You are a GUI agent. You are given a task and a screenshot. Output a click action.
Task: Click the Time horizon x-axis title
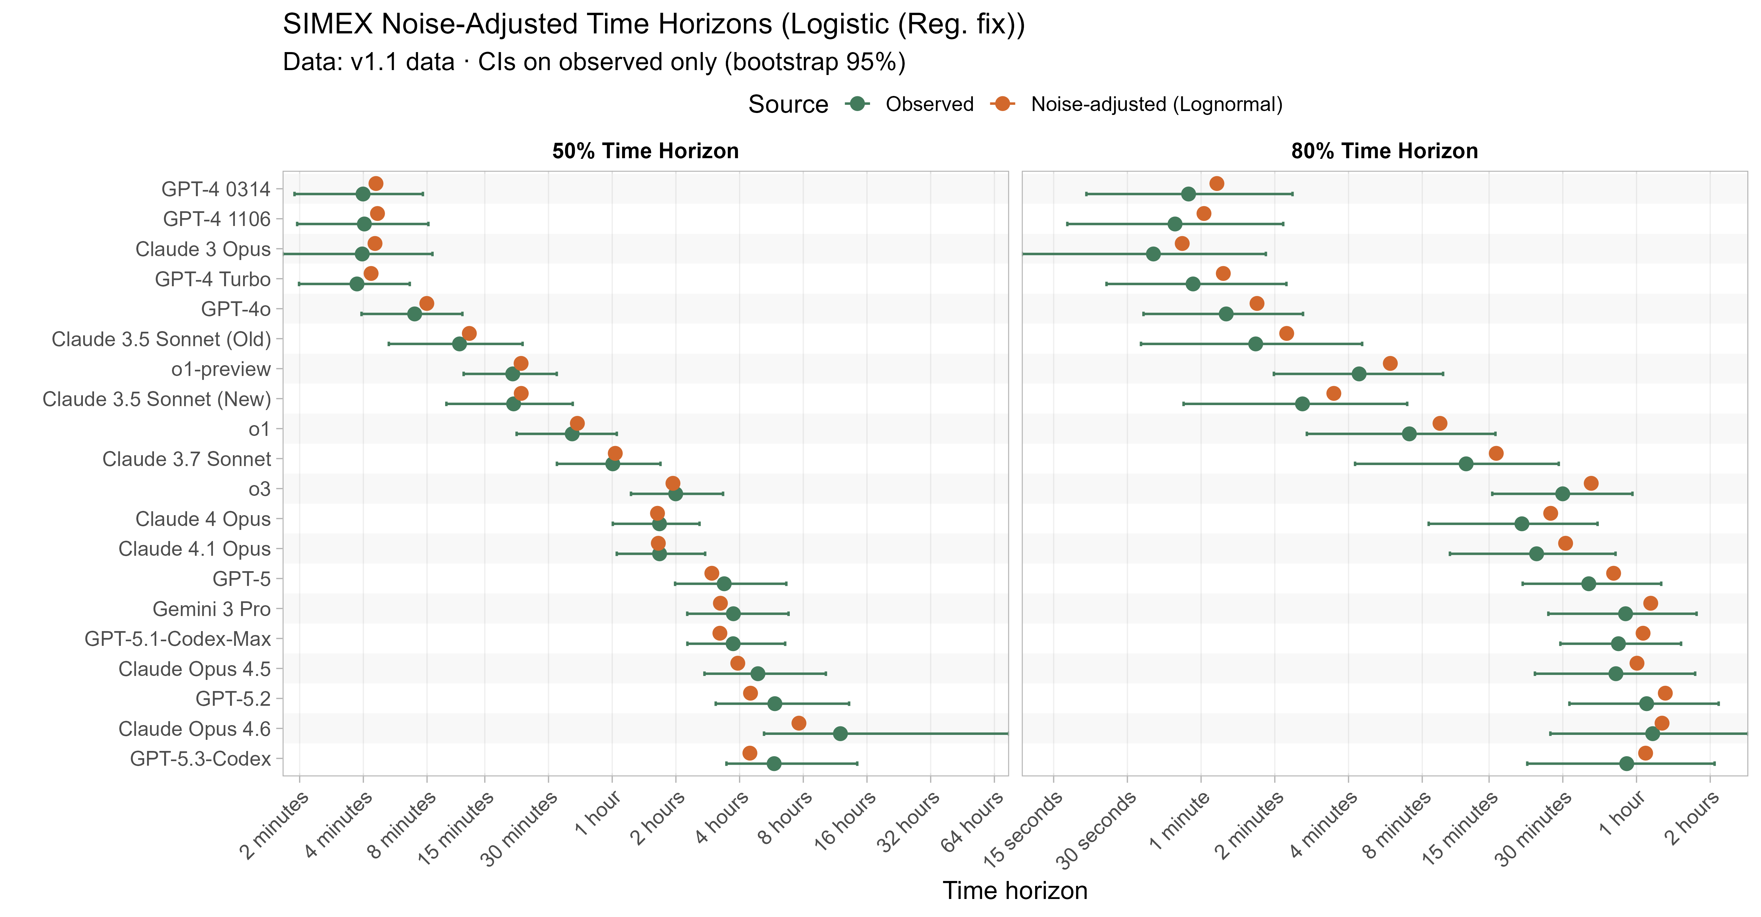click(1014, 891)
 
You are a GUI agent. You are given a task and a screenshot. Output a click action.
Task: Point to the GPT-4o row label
click(236, 309)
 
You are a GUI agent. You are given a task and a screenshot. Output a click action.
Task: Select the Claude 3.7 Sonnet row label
click(187, 459)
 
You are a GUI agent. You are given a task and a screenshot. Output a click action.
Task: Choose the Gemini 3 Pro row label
click(211, 609)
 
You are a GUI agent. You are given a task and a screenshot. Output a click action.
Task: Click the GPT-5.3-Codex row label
click(200, 759)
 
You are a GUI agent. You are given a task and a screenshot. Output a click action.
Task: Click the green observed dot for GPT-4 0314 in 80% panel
click(1188, 194)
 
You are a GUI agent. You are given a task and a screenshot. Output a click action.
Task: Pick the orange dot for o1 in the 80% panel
click(1440, 424)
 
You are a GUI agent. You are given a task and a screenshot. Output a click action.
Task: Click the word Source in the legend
click(787, 104)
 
